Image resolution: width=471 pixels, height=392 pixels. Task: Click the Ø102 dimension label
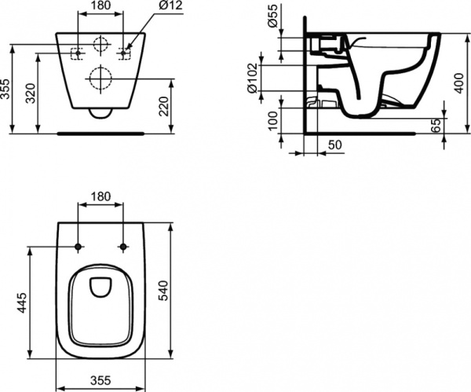(x=253, y=78)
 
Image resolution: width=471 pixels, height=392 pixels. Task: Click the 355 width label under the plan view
(x=100, y=380)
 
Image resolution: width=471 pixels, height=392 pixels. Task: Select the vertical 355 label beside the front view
(x=7, y=89)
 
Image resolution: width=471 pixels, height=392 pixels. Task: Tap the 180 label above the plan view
(x=100, y=196)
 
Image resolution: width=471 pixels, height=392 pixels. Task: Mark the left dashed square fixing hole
(x=78, y=53)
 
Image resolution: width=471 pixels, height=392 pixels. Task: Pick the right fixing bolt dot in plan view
(x=122, y=247)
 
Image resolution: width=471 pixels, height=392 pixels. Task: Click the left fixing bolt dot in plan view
(x=78, y=247)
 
